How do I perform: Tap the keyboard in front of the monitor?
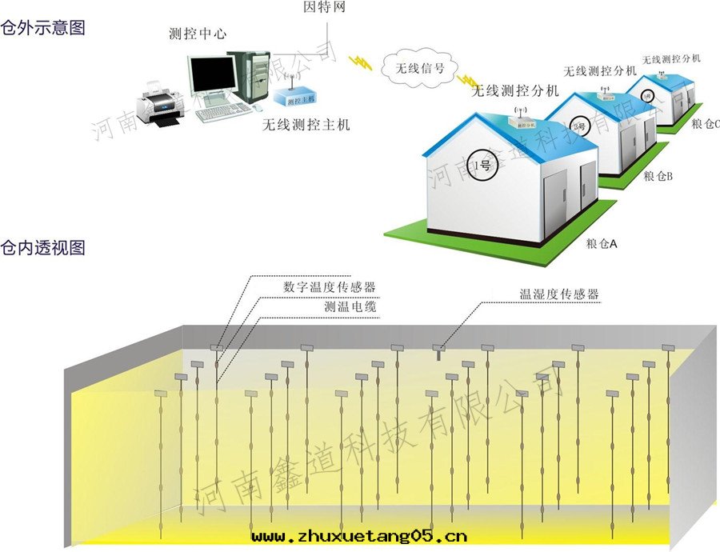point(223,111)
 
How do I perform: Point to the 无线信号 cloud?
point(414,68)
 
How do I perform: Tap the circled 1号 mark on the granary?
point(483,166)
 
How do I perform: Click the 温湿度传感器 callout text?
point(559,294)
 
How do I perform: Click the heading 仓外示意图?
point(43,27)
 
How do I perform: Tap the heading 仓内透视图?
point(43,247)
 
